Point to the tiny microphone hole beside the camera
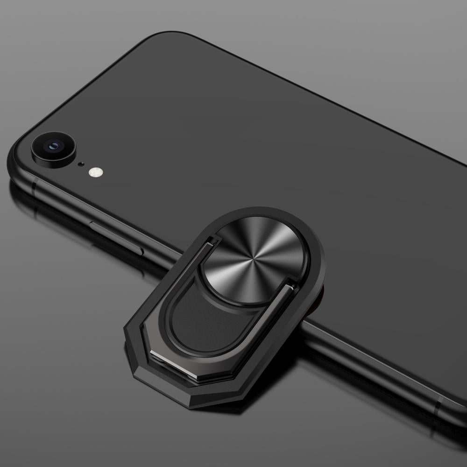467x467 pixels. pyautogui.click(x=81, y=164)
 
